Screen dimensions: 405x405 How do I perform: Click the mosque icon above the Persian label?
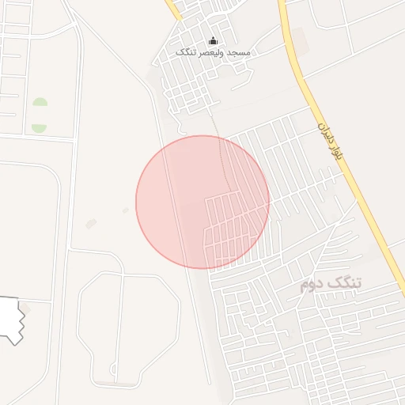tap(212, 40)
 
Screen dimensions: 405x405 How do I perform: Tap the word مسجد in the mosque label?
tap(237, 52)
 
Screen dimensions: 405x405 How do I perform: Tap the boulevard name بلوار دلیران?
tap(329, 142)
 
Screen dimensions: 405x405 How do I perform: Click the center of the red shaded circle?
tap(202, 202)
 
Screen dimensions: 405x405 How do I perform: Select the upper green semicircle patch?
tap(40, 103)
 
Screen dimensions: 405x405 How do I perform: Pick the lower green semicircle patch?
tap(39, 127)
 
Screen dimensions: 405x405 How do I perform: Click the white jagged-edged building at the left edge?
tap(9, 318)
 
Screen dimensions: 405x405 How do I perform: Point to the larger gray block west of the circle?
tap(91, 224)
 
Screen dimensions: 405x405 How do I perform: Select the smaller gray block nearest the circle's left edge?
tap(126, 210)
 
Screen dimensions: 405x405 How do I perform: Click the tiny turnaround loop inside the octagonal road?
tap(112, 369)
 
